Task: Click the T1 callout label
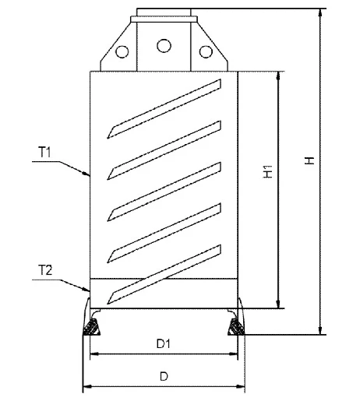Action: pyautogui.click(x=44, y=154)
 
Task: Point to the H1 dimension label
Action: pyautogui.click(x=267, y=173)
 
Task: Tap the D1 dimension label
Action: pyautogui.click(x=162, y=343)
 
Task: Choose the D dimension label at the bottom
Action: pyautogui.click(x=163, y=377)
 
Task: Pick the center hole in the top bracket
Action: pyautogui.click(x=164, y=45)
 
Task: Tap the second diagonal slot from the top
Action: pyautogui.click(x=167, y=146)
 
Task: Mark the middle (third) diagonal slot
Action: pyautogui.click(x=167, y=188)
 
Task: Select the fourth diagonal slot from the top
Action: pyautogui.click(x=167, y=230)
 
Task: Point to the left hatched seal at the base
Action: pyautogui.click(x=94, y=326)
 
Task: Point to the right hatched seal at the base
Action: pyautogui.click(x=234, y=326)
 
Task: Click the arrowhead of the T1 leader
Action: pyautogui.click(x=89, y=176)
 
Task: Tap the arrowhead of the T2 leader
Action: pyautogui.click(x=88, y=289)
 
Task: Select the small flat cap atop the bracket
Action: pyautogui.click(x=164, y=12)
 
